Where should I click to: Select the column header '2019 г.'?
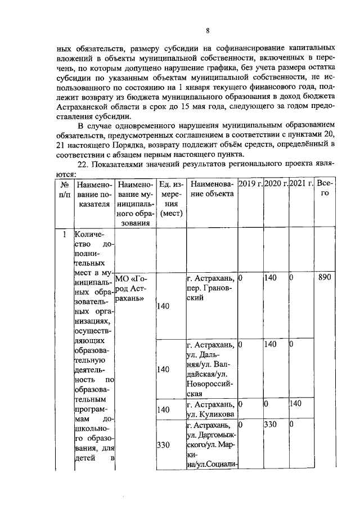pos(250,184)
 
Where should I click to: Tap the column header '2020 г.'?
pos(276,184)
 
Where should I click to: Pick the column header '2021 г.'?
pos(302,184)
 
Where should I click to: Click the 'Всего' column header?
pos(325,188)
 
